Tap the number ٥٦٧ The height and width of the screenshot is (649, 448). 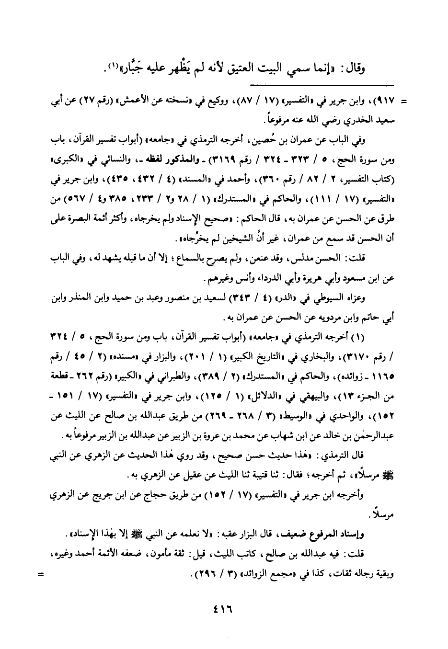(71, 198)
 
